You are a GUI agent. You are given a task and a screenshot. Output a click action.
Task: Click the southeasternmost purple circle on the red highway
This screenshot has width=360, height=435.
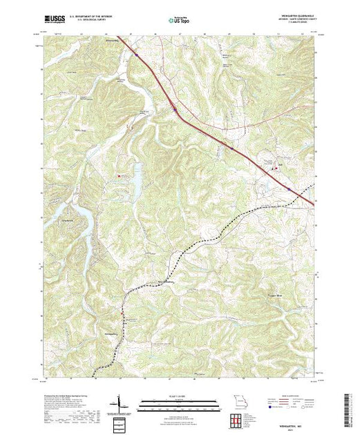click(287, 188)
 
